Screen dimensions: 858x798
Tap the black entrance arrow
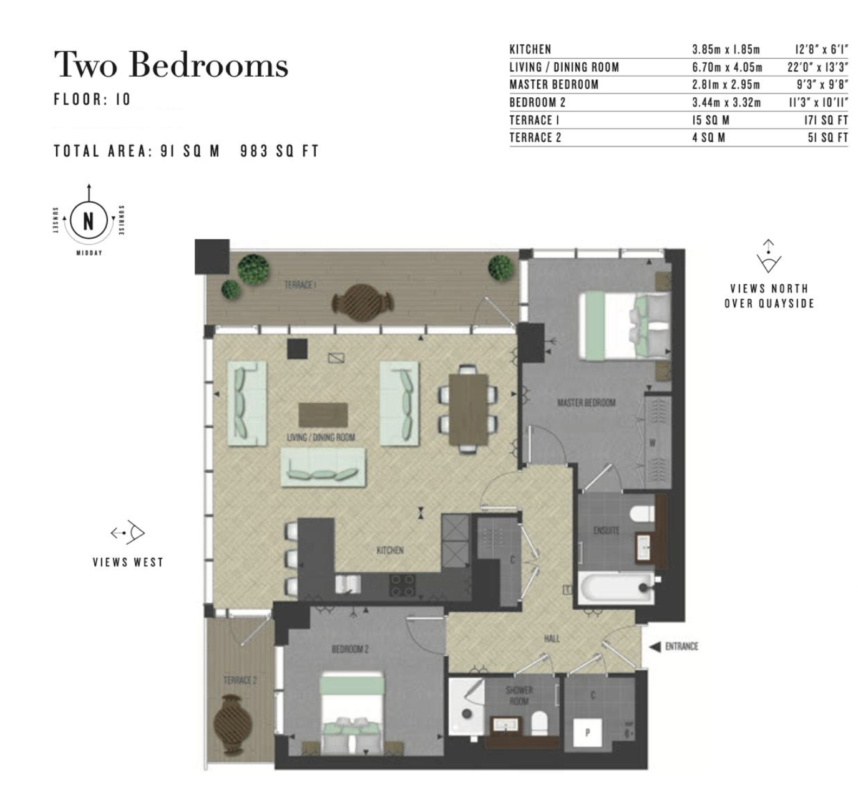click(x=655, y=647)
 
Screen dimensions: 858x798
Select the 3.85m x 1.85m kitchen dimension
click(x=726, y=50)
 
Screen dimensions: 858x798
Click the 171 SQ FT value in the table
click(x=826, y=120)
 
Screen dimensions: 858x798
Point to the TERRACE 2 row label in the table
click(x=535, y=137)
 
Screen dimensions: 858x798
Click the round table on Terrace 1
click(x=363, y=302)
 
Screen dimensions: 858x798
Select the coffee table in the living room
click(x=323, y=415)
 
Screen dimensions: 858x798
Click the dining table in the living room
click(x=469, y=409)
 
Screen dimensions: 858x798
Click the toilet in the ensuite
click(x=643, y=514)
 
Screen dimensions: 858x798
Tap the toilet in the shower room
click(x=539, y=724)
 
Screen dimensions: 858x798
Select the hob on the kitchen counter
click(x=402, y=585)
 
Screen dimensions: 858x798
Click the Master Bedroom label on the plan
click(x=587, y=403)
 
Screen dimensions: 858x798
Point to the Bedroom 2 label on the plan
click(x=350, y=649)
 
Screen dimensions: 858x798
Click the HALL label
click(x=552, y=638)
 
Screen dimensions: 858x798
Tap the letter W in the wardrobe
click(x=652, y=443)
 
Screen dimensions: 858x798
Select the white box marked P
click(x=588, y=733)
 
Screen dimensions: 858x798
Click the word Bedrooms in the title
click(x=208, y=65)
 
